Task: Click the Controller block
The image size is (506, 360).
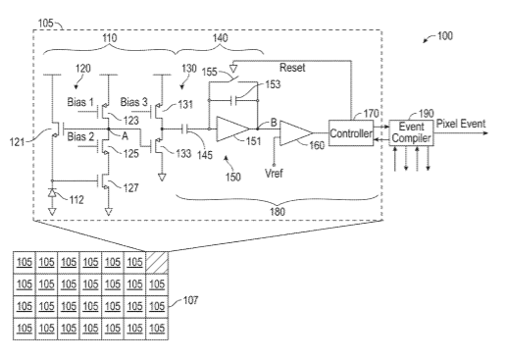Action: (351, 133)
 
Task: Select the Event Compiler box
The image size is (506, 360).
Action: (412, 133)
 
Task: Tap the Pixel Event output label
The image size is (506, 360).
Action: (461, 124)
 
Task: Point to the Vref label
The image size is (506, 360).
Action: (274, 173)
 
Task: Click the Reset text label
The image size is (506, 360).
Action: (292, 68)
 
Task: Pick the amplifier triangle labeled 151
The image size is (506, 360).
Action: (232, 129)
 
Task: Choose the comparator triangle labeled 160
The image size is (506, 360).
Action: (296, 133)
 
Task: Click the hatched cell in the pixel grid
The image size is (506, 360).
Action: (157, 262)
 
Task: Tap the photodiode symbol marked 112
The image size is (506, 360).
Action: (52, 193)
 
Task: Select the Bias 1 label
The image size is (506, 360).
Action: (80, 102)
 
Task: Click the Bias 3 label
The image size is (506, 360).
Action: (134, 102)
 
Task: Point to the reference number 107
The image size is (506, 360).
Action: (190, 300)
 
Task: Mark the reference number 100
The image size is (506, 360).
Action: (445, 35)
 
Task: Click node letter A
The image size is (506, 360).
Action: (125, 136)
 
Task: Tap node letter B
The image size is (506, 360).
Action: (274, 123)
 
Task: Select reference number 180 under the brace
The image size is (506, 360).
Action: (278, 212)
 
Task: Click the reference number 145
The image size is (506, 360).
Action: (205, 154)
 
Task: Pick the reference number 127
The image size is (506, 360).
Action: (130, 187)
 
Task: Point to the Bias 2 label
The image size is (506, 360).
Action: (80, 136)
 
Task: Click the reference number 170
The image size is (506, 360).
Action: (371, 114)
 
